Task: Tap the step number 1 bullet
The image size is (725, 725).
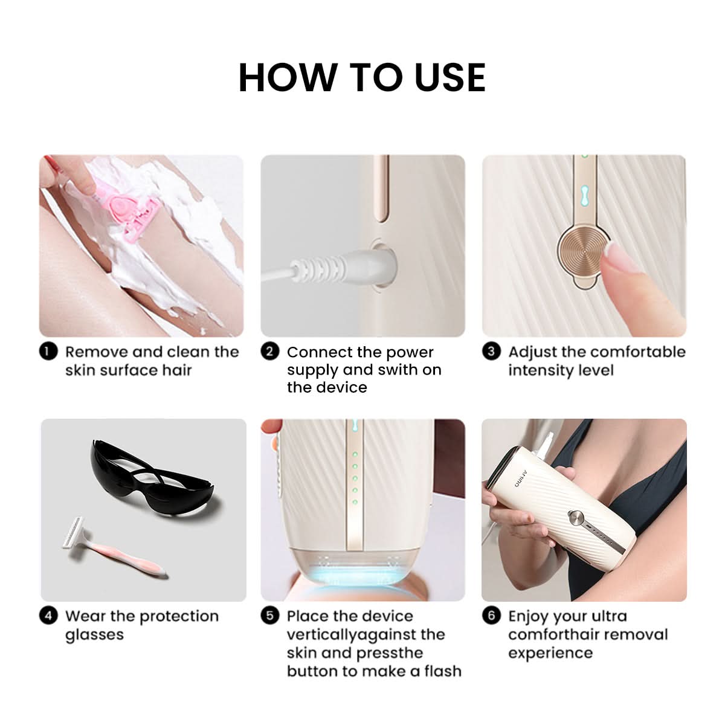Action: [48, 352]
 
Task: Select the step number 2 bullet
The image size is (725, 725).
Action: [269, 352]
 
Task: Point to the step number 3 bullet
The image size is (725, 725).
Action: [491, 352]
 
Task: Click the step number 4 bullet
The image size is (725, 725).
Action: [48, 616]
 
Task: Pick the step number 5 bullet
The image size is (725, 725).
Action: [269, 616]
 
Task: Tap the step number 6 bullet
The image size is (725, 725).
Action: [491, 616]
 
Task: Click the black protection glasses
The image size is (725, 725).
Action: [150, 477]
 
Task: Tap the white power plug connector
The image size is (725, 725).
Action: [331, 266]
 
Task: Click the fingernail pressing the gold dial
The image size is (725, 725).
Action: [623, 255]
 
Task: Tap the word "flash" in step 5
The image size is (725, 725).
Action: [443, 671]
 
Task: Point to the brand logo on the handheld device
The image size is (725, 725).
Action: [522, 478]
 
